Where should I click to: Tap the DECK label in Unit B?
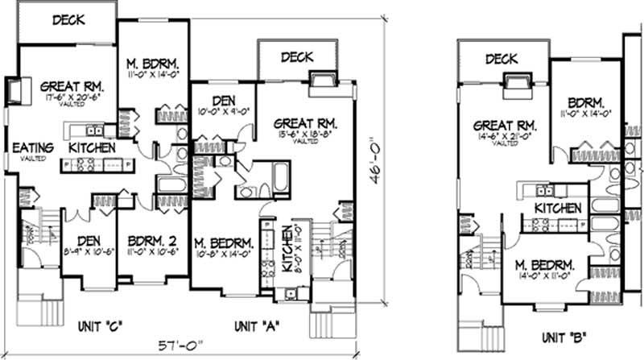tap(501, 58)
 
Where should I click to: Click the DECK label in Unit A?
tap(297, 56)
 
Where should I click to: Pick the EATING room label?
tap(32, 147)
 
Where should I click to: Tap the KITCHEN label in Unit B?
tap(557, 208)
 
